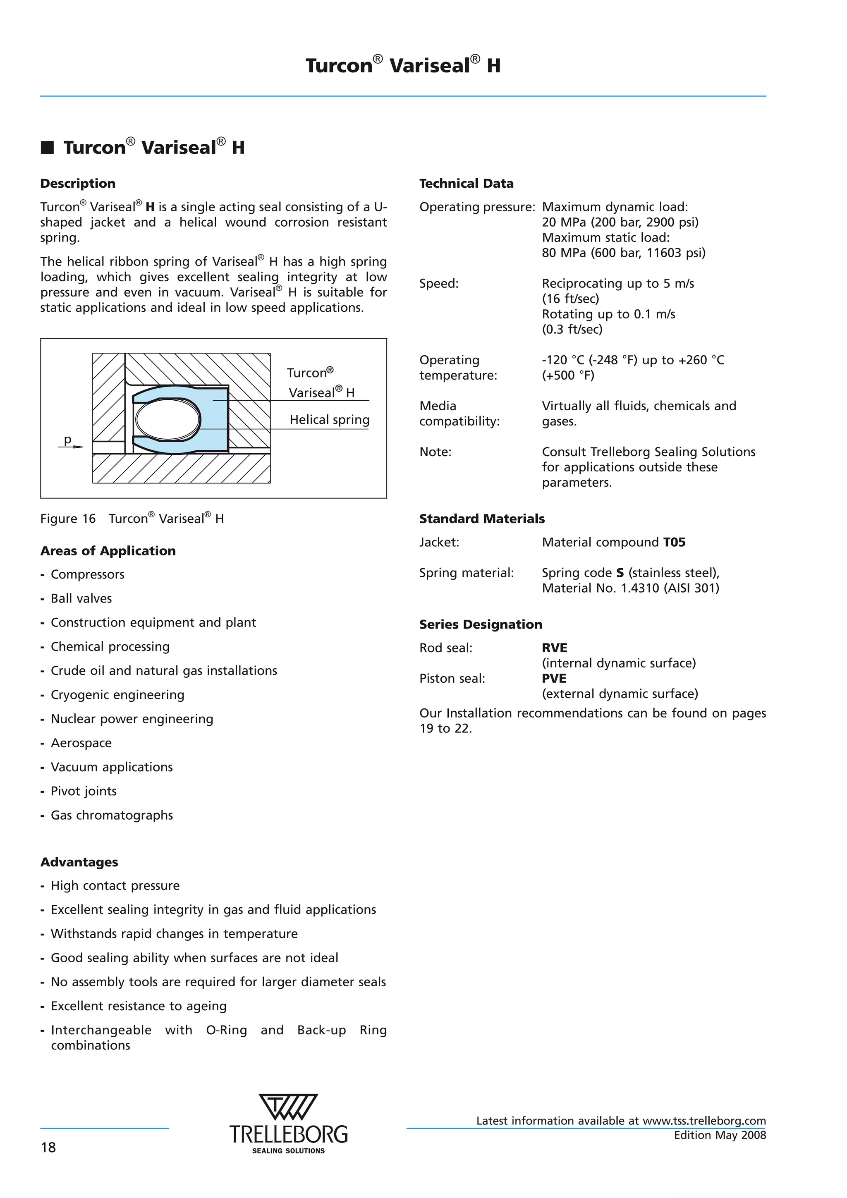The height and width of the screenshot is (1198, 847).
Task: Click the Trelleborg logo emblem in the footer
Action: pyautogui.click(x=288, y=1107)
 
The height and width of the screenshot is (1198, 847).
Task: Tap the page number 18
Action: pyautogui.click(x=48, y=1148)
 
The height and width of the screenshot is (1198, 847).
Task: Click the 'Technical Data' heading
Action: pyautogui.click(x=466, y=184)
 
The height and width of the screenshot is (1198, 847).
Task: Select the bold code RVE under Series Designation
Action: pyautogui.click(x=554, y=648)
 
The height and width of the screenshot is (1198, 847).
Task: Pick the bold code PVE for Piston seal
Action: pyautogui.click(x=554, y=679)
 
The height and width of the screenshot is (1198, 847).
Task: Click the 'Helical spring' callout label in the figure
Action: pyautogui.click(x=329, y=420)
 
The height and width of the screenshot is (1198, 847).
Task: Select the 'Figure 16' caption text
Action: pyautogui.click(x=68, y=519)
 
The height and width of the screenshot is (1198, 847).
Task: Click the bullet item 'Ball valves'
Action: pyautogui.click(x=81, y=598)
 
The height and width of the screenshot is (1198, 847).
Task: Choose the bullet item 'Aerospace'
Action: pyautogui.click(x=81, y=743)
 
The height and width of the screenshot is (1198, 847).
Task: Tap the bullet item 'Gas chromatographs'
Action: pyautogui.click(x=111, y=815)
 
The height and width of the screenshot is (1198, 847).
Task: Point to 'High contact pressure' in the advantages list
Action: pyautogui.click(x=115, y=885)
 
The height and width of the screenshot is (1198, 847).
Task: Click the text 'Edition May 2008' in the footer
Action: pyautogui.click(x=720, y=1136)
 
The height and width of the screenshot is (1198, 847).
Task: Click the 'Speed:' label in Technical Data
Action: pyautogui.click(x=439, y=284)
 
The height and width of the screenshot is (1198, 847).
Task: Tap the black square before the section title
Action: pyautogui.click(x=48, y=148)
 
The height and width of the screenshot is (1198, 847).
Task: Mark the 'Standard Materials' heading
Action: pyautogui.click(x=482, y=519)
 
